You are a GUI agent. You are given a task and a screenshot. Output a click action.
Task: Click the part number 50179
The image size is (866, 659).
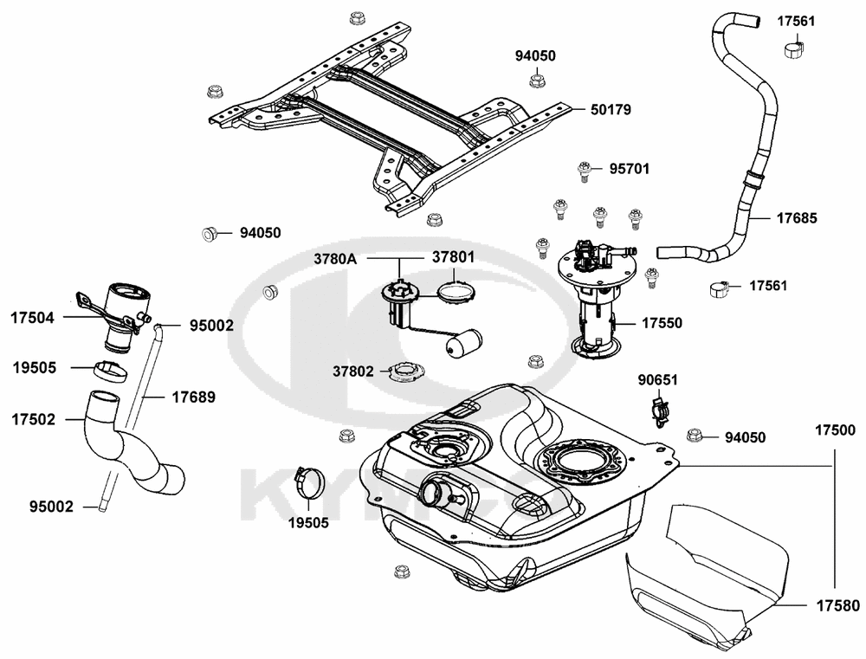point(611,110)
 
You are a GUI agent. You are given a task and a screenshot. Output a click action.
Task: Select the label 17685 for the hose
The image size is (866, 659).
point(796,217)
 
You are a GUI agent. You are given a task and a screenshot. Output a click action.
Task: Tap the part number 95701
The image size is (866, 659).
point(629,168)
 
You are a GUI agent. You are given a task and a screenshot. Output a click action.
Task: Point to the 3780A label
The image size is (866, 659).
point(335,258)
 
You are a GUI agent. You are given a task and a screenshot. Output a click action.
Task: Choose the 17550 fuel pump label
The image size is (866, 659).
point(662,323)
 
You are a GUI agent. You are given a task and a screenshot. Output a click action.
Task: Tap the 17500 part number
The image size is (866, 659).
point(835,430)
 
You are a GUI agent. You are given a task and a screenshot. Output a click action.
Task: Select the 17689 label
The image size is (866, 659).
point(193,397)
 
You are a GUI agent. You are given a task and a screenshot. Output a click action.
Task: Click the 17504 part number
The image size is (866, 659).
point(33,318)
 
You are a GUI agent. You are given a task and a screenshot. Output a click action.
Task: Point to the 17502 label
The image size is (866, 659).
point(33,419)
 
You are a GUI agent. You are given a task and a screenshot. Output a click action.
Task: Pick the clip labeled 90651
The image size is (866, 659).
point(661,410)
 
